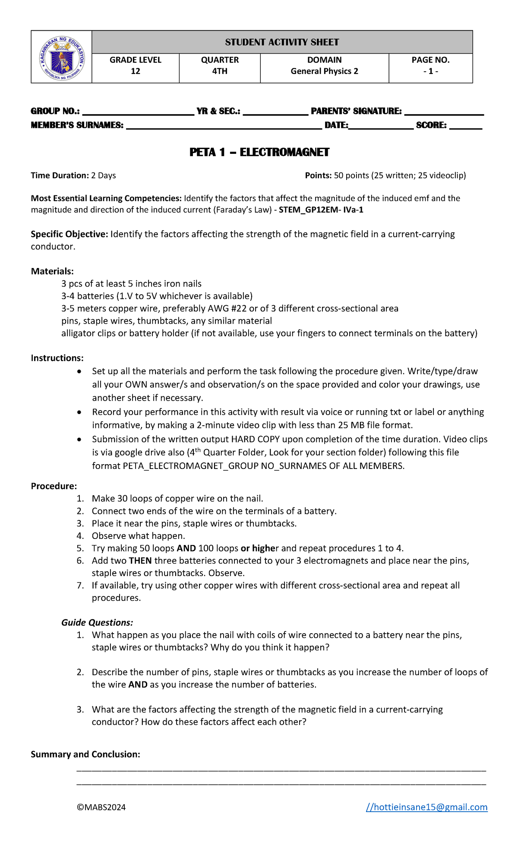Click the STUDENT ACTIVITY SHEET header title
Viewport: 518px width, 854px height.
[x=282, y=42]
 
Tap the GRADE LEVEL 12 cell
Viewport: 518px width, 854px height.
[x=136, y=66]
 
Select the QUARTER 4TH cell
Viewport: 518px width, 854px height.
[x=220, y=66]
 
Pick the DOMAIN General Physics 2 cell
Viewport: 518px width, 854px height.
[x=324, y=66]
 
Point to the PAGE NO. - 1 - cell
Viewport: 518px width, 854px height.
[x=430, y=66]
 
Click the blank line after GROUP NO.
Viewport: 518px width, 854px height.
[x=138, y=112]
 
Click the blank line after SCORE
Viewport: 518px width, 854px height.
[x=466, y=126]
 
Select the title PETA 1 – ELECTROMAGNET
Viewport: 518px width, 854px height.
[x=259, y=152]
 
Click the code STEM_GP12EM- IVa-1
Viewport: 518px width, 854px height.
[x=323, y=210]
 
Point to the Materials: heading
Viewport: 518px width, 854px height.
[x=52, y=271]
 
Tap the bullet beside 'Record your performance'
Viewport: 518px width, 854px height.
[x=79, y=413]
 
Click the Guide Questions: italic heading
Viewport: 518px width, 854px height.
[x=97, y=623]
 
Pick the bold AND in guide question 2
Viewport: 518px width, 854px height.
[x=138, y=685]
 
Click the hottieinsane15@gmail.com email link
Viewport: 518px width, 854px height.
[x=427, y=807]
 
